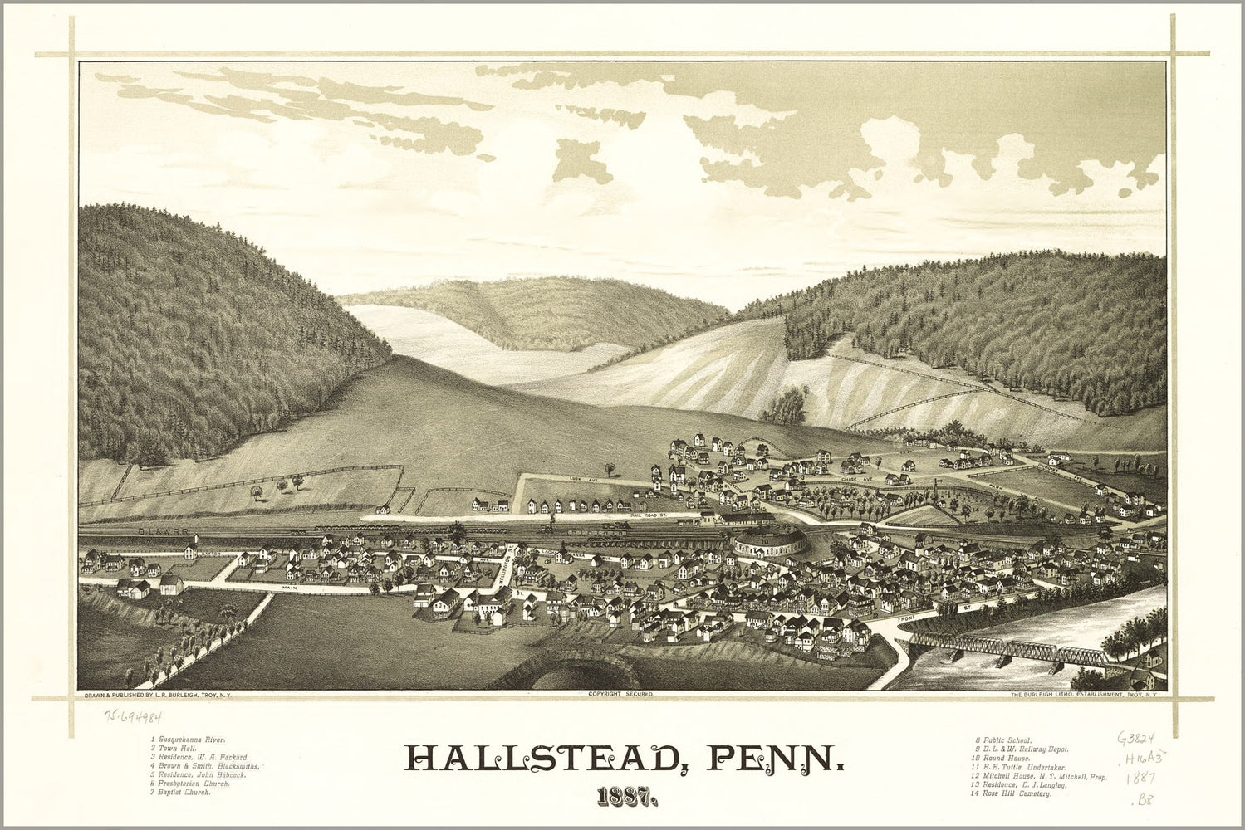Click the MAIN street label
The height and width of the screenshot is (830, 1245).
tap(289, 588)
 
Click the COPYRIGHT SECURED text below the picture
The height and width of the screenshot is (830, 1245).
tap(621, 692)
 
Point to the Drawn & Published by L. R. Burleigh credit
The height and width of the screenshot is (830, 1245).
tap(158, 693)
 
